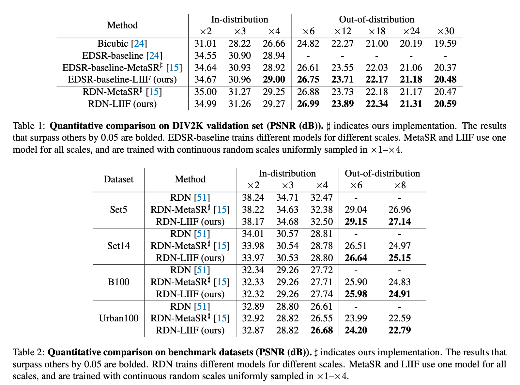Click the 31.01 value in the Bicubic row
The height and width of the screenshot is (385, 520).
[205, 43]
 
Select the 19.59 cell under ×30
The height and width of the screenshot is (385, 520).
[445, 43]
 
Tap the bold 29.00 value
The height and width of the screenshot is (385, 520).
[274, 79]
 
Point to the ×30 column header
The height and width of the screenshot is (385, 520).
[445, 31]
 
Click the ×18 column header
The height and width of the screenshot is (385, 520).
[376, 31]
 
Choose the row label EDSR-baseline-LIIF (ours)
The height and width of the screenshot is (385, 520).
[122, 79]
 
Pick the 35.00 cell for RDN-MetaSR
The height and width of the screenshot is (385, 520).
[205, 92]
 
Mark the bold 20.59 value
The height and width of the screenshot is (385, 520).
[445, 104]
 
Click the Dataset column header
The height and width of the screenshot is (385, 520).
[118, 179]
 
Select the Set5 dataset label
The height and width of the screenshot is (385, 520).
[118, 209]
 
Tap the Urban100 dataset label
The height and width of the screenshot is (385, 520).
[118, 318]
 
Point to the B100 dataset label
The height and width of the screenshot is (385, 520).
[118, 282]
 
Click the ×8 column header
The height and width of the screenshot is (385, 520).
[400, 185]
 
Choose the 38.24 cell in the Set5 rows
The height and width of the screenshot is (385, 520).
[253, 197]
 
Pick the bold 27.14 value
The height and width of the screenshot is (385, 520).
[400, 222]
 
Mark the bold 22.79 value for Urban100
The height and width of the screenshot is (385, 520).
[400, 330]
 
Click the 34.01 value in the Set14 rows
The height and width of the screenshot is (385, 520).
[253, 234]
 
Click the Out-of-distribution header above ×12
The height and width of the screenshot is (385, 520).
[376, 19]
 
